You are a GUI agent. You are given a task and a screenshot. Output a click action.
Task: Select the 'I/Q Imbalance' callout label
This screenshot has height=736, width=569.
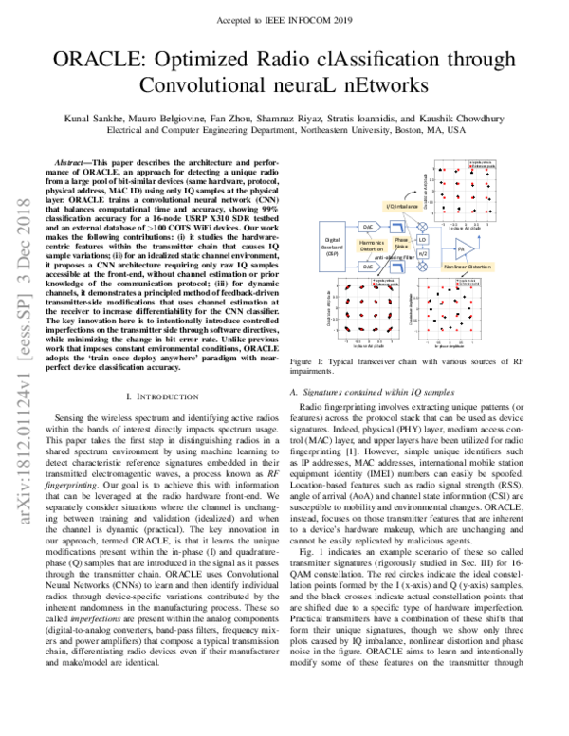click(x=402, y=205)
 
